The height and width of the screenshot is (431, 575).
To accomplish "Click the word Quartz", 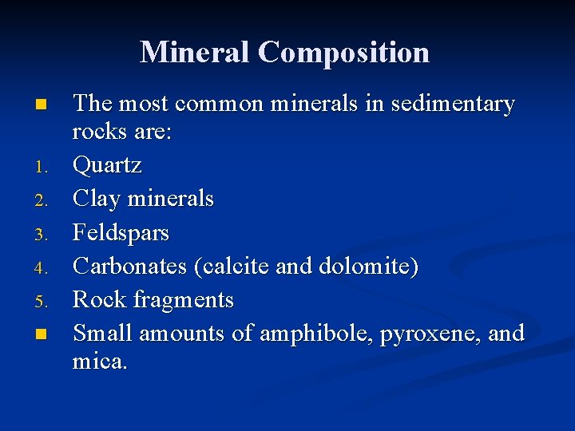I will (107, 167).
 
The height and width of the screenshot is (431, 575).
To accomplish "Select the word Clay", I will (95, 199).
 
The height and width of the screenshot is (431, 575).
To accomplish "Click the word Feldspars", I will (121, 233).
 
